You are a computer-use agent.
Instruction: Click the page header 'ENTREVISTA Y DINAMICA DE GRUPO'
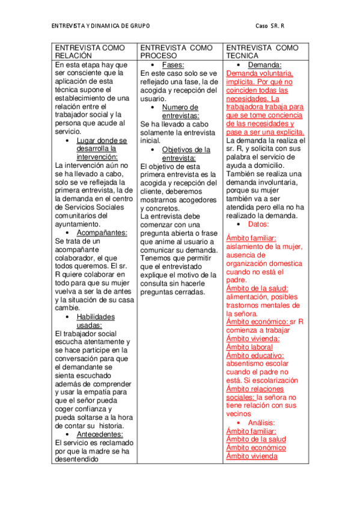pos(100,26)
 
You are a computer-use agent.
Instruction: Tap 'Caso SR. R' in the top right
pos(270,26)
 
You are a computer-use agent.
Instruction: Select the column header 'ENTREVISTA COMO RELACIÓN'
pos(90,51)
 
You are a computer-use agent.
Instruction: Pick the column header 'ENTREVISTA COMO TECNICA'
pos(262,51)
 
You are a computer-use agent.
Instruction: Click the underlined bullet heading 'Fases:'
pos(173,64)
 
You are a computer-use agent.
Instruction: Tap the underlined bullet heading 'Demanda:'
pos(264,64)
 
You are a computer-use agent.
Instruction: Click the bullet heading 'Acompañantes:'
pos(102,232)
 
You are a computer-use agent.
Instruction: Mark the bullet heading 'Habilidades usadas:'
pos(95,321)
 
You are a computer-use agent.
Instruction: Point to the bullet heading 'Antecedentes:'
pos(100,434)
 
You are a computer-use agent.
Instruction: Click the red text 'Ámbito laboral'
pos(249,347)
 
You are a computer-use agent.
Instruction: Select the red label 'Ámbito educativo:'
pos(255,355)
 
